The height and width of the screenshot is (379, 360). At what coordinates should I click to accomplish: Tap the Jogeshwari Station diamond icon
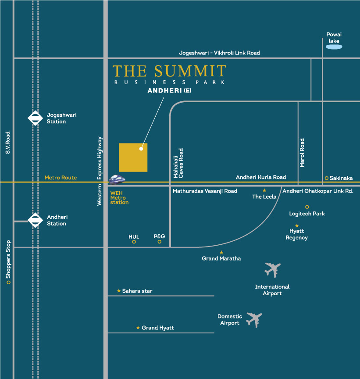pos(35,118)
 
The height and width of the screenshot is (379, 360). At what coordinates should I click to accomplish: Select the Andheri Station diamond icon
pos(35,220)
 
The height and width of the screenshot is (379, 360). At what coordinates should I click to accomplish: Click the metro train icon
pos(117,179)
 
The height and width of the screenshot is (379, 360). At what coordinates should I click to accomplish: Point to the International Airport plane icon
pos(272,269)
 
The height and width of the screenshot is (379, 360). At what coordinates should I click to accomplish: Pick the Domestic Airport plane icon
pos(254,319)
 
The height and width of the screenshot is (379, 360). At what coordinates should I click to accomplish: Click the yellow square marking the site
pos(133,157)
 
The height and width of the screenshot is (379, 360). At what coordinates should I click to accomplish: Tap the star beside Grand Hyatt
pos(138,328)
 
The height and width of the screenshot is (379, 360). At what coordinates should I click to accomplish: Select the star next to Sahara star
pos(119,291)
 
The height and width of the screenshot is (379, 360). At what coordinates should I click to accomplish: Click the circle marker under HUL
pos(134,242)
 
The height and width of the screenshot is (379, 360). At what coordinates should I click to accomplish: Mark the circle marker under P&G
pos(160,242)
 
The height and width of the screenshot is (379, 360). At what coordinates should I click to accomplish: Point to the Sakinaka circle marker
pos(327,178)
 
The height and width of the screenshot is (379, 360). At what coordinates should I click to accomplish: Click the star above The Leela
pos(264,190)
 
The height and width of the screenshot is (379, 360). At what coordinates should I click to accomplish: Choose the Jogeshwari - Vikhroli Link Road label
pos(219,53)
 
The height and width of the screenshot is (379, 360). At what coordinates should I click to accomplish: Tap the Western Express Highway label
pos(100,171)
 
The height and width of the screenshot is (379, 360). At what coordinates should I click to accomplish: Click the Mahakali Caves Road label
pos(178,163)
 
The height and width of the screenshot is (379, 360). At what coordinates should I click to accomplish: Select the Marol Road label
pos(302,153)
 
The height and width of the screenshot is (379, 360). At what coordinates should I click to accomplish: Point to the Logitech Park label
pos(307,214)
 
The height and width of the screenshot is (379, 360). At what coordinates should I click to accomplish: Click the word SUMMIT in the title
pos(190,71)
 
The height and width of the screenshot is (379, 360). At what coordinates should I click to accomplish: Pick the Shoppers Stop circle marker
pos(8,282)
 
